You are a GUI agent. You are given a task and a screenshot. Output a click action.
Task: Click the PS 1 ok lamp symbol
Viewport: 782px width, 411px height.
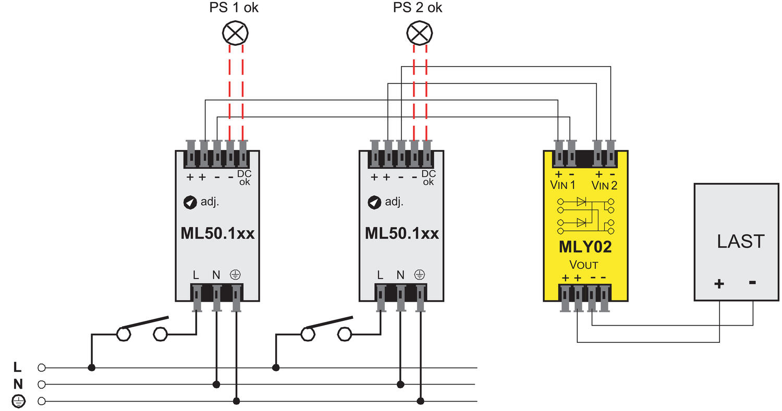coord(236,33)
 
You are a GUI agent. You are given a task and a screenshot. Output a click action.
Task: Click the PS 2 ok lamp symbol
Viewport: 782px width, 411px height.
coord(420,33)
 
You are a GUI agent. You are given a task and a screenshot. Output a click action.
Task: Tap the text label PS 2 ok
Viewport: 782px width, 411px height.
coord(418,8)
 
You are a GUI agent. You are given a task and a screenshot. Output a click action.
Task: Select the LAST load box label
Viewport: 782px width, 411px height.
coord(740,241)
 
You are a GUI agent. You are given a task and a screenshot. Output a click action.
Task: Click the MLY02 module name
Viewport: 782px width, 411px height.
coord(585,246)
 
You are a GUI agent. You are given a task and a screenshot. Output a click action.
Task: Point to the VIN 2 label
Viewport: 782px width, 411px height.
coord(605,185)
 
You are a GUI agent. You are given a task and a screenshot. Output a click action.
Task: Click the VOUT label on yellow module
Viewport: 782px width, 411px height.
coord(583,264)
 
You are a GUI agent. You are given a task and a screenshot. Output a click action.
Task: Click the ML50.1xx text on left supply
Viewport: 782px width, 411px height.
coord(217,233)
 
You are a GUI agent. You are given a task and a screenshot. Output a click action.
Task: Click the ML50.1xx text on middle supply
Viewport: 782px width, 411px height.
coord(401,233)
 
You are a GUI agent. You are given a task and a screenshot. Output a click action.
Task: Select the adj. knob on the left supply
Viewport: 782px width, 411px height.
coord(190,202)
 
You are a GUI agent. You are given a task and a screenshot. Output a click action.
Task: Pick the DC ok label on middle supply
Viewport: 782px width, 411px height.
coord(429,178)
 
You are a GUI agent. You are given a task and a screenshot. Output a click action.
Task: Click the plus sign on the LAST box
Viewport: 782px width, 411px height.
coord(719,283)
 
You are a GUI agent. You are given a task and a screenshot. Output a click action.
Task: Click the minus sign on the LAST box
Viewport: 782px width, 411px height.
coord(752,282)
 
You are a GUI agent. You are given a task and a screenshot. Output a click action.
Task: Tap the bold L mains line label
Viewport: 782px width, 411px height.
coord(18,367)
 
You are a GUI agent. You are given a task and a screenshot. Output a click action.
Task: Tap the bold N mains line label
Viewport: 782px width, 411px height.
coord(18,384)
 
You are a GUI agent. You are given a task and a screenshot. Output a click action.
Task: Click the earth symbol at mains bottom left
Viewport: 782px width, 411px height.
coord(18,401)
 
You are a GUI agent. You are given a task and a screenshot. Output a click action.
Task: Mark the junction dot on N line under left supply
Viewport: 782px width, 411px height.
coord(216,384)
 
